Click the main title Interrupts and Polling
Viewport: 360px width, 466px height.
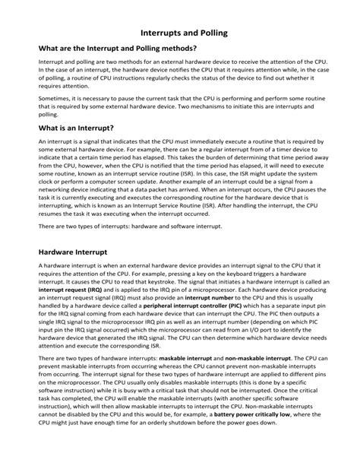180,34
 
